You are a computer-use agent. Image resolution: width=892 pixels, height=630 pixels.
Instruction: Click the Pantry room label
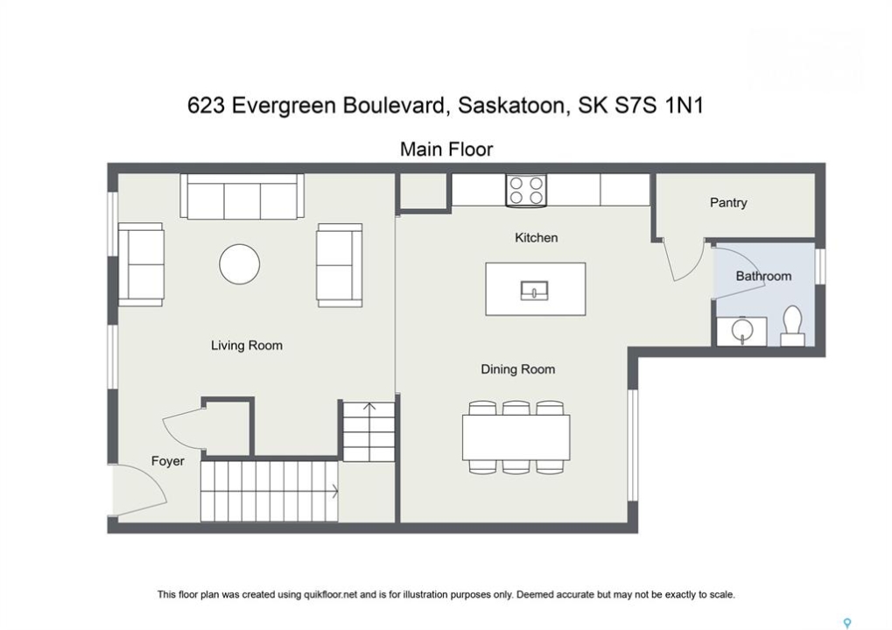click(728, 202)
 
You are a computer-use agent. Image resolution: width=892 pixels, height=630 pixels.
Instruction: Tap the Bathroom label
click(763, 276)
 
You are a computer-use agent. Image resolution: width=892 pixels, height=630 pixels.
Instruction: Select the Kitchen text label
click(536, 238)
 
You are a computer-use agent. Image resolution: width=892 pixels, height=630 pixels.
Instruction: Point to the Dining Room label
click(517, 369)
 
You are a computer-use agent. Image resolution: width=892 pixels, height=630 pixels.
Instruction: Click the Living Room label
click(246, 346)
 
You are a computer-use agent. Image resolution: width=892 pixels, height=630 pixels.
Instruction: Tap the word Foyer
click(168, 461)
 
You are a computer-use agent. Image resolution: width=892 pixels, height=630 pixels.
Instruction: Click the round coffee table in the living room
click(240, 264)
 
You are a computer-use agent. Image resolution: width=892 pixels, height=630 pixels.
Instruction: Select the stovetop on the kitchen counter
click(526, 191)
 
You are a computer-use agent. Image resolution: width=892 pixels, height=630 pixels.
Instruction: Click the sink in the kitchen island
click(535, 290)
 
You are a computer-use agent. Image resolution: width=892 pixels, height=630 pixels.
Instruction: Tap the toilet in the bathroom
click(792, 325)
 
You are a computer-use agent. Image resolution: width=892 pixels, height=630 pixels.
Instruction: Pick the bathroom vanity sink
click(741, 330)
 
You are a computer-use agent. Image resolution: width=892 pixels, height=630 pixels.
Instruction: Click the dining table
click(516, 437)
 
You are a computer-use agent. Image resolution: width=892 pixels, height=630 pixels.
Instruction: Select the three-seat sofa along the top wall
click(242, 196)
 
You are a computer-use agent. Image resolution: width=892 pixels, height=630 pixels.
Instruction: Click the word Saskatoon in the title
click(512, 107)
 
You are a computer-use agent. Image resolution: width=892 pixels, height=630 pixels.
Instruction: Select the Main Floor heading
click(446, 150)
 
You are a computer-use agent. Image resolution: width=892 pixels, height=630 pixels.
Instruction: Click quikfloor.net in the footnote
click(330, 595)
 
